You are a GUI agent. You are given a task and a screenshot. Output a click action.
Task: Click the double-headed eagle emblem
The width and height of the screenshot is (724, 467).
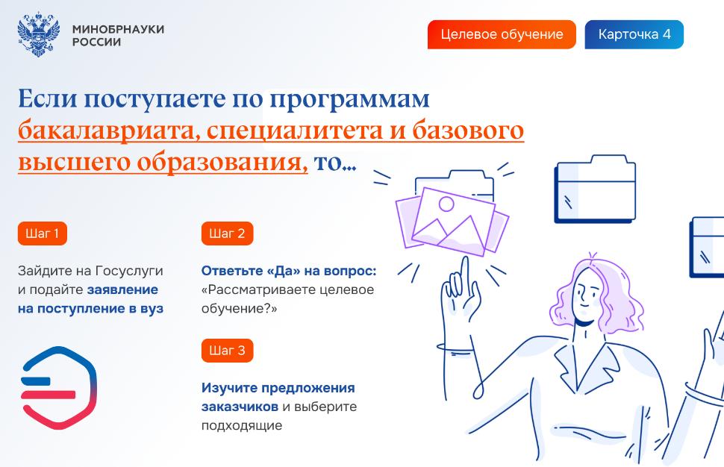(x=39, y=34)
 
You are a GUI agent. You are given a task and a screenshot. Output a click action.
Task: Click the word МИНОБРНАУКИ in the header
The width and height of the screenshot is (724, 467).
(x=118, y=29)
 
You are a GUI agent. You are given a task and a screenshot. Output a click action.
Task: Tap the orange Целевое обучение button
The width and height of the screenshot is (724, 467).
(x=502, y=34)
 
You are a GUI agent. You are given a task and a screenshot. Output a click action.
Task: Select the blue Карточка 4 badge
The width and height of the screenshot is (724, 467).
(x=634, y=34)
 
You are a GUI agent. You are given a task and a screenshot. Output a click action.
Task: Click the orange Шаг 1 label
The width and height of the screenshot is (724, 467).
(x=42, y=233)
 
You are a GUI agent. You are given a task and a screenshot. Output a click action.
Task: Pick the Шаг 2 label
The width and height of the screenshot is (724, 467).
(x=227, y=233)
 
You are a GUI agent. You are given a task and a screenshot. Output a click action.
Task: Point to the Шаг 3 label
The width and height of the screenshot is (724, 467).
(x=227, y=351)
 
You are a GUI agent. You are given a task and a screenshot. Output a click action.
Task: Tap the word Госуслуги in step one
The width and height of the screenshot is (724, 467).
(x=129, y=272)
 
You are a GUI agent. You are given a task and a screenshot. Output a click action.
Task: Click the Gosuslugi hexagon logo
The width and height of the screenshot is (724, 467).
(x=59, y=388)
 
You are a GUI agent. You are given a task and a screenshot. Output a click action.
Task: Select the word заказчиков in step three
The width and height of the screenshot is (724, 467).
(x=240, y=407)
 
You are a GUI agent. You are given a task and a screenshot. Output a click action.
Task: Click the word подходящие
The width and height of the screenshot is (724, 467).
(x=242, y=426)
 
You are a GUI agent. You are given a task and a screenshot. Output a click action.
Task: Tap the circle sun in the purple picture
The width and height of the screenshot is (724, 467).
(x=446, y=204)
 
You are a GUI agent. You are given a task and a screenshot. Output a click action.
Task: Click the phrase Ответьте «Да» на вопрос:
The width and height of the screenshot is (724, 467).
(x=289, y=271)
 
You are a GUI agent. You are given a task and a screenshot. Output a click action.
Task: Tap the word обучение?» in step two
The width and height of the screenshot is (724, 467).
(x=239, y=309)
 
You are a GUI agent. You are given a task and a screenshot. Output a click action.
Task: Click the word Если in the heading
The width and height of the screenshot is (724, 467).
(x=48, y=98)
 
